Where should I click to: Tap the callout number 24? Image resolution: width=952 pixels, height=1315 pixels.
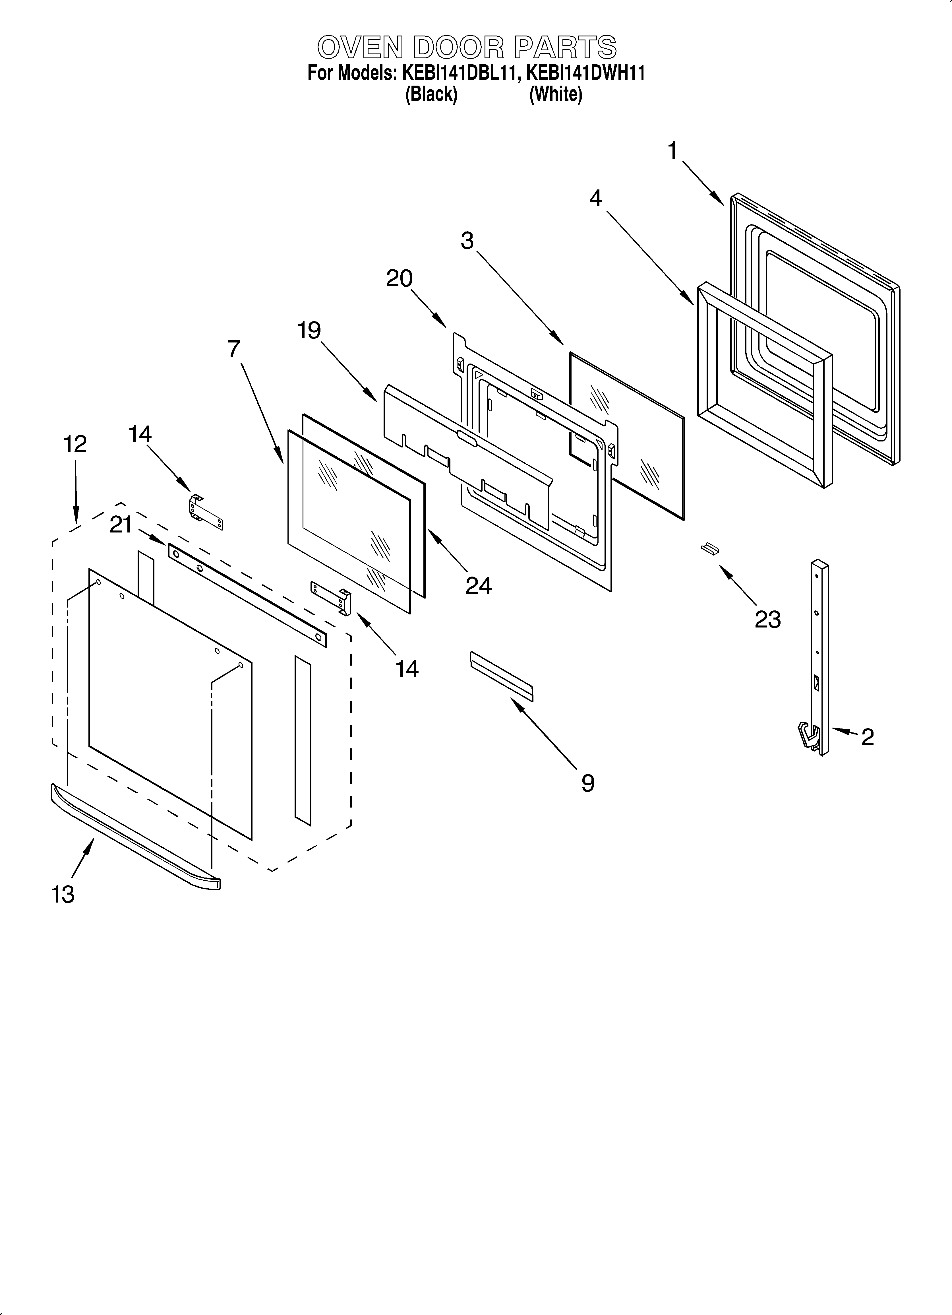pyautogui.click(x=478, y=586)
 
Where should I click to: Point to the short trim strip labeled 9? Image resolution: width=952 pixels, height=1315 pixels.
pyautogui.click(x=501, y=676)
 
